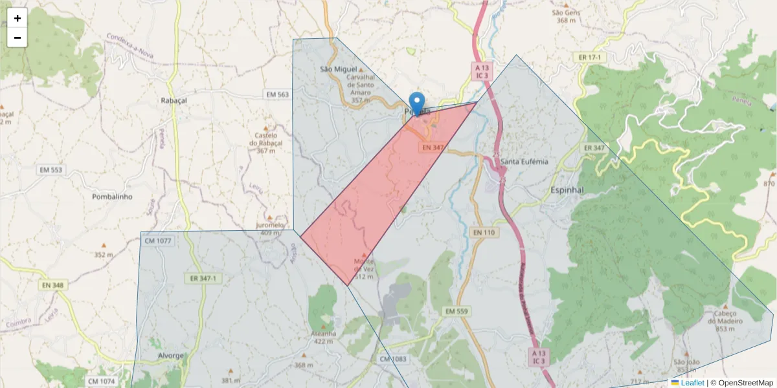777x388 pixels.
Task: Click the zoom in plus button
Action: [x=17, y=18]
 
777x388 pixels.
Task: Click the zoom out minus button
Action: [x=17, y=38]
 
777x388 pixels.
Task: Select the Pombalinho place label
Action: [x=113, y=197]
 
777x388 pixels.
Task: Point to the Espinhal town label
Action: [x=567, y=190]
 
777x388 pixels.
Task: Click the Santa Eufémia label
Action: [x=524, y=161]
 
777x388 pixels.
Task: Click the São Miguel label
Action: [x=339, y=69]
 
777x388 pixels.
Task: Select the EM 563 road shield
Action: [x=277, y=94]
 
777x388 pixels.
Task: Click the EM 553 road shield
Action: [x=50, y=170]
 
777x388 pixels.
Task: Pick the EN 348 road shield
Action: [x=53, y=285]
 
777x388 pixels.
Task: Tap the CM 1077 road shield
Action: [x=158, y=241]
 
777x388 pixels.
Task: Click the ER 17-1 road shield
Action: [x=590, y=58]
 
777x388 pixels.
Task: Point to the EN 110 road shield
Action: [x=484, y=232]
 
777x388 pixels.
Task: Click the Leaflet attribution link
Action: [x=692, y=383]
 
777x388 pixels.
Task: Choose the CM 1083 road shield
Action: [x=393, y=358]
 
